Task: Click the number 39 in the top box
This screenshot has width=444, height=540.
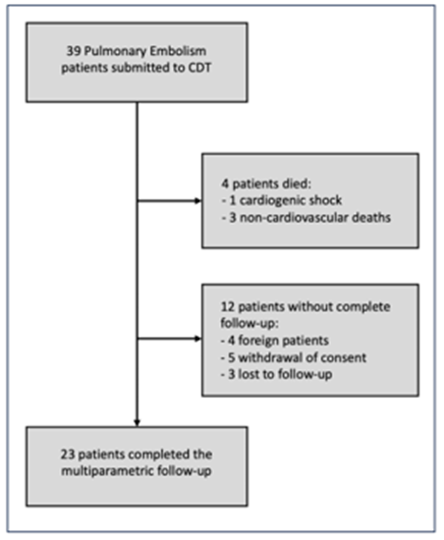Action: [x=74, y=51]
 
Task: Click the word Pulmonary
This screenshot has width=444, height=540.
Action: [x=115, y=52]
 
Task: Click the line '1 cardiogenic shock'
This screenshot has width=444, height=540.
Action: [x=282, y=200]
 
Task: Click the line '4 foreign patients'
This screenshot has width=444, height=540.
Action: [x=275, y=341]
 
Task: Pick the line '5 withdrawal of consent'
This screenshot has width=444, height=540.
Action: [x=294, y=357]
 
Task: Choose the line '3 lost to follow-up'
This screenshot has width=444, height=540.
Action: [x=277, y=374]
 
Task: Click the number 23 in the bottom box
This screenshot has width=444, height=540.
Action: [x=68, y=455]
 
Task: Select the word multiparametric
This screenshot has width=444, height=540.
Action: [x=107, y=471]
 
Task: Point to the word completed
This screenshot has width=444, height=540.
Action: [x=159, y=455]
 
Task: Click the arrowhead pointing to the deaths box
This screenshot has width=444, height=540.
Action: [x=197, y=200]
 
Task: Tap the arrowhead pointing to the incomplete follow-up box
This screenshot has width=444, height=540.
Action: [x=197, y=339]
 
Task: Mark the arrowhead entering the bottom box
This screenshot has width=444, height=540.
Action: [x=138, y=423]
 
